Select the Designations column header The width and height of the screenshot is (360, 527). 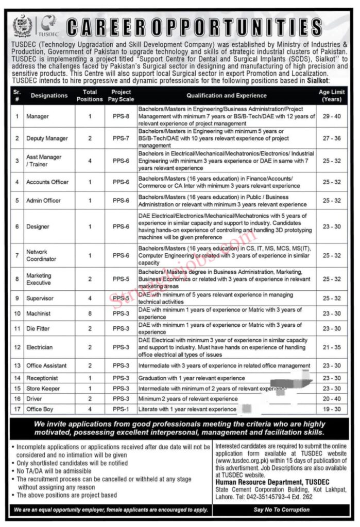[49, 95]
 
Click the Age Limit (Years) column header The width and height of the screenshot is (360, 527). [332, 95]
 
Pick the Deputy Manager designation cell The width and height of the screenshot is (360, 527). [47, 138]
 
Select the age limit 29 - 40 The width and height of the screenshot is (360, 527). [332, 117]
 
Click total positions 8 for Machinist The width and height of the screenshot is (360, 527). [90, 313]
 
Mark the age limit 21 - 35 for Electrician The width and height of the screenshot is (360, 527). [332, 347]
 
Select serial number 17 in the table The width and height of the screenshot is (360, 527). [17, 409]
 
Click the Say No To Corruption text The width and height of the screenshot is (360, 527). [282, 510]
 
